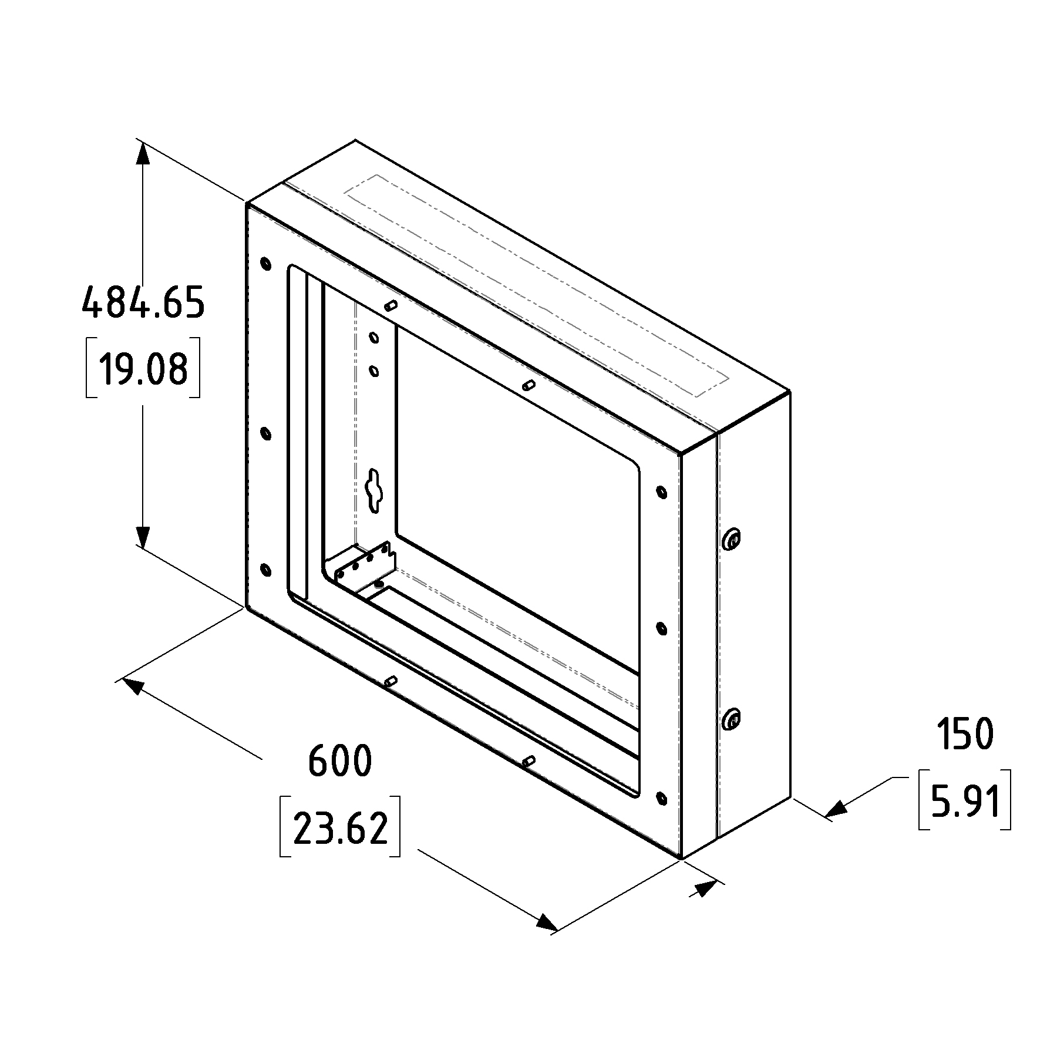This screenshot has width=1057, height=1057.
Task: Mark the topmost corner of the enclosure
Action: (355, 140)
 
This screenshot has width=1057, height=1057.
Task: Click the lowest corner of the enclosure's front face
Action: (680, 859)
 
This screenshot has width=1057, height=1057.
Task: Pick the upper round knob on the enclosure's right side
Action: (732, 538)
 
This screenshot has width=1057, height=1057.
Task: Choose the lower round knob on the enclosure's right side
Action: (732, 718)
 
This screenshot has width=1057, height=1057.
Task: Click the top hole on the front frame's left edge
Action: (265, 263)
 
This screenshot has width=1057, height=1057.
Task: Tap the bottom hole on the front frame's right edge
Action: (661, 798)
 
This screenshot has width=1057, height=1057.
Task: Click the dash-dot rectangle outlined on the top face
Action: (537, 285)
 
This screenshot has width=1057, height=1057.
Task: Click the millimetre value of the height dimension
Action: (143, 302)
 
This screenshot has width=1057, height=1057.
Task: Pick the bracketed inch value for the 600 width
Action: (341, 826)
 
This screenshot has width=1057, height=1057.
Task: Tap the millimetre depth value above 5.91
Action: (965, 734)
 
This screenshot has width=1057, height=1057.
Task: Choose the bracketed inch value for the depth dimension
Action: (965, 799)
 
